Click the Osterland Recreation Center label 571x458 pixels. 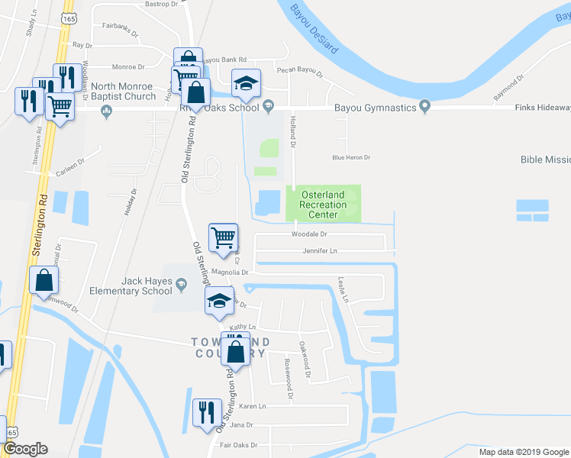323,205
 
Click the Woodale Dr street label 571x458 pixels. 308,234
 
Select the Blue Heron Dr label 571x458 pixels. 350,157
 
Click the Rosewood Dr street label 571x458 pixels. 288,378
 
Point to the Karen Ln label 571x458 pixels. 251,406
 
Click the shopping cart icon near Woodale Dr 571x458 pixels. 223,237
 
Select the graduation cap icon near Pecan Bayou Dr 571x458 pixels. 246,82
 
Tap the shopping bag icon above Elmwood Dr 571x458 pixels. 44,280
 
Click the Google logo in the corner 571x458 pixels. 25,449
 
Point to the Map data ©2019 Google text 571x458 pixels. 523,452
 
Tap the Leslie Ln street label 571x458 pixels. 344,289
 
